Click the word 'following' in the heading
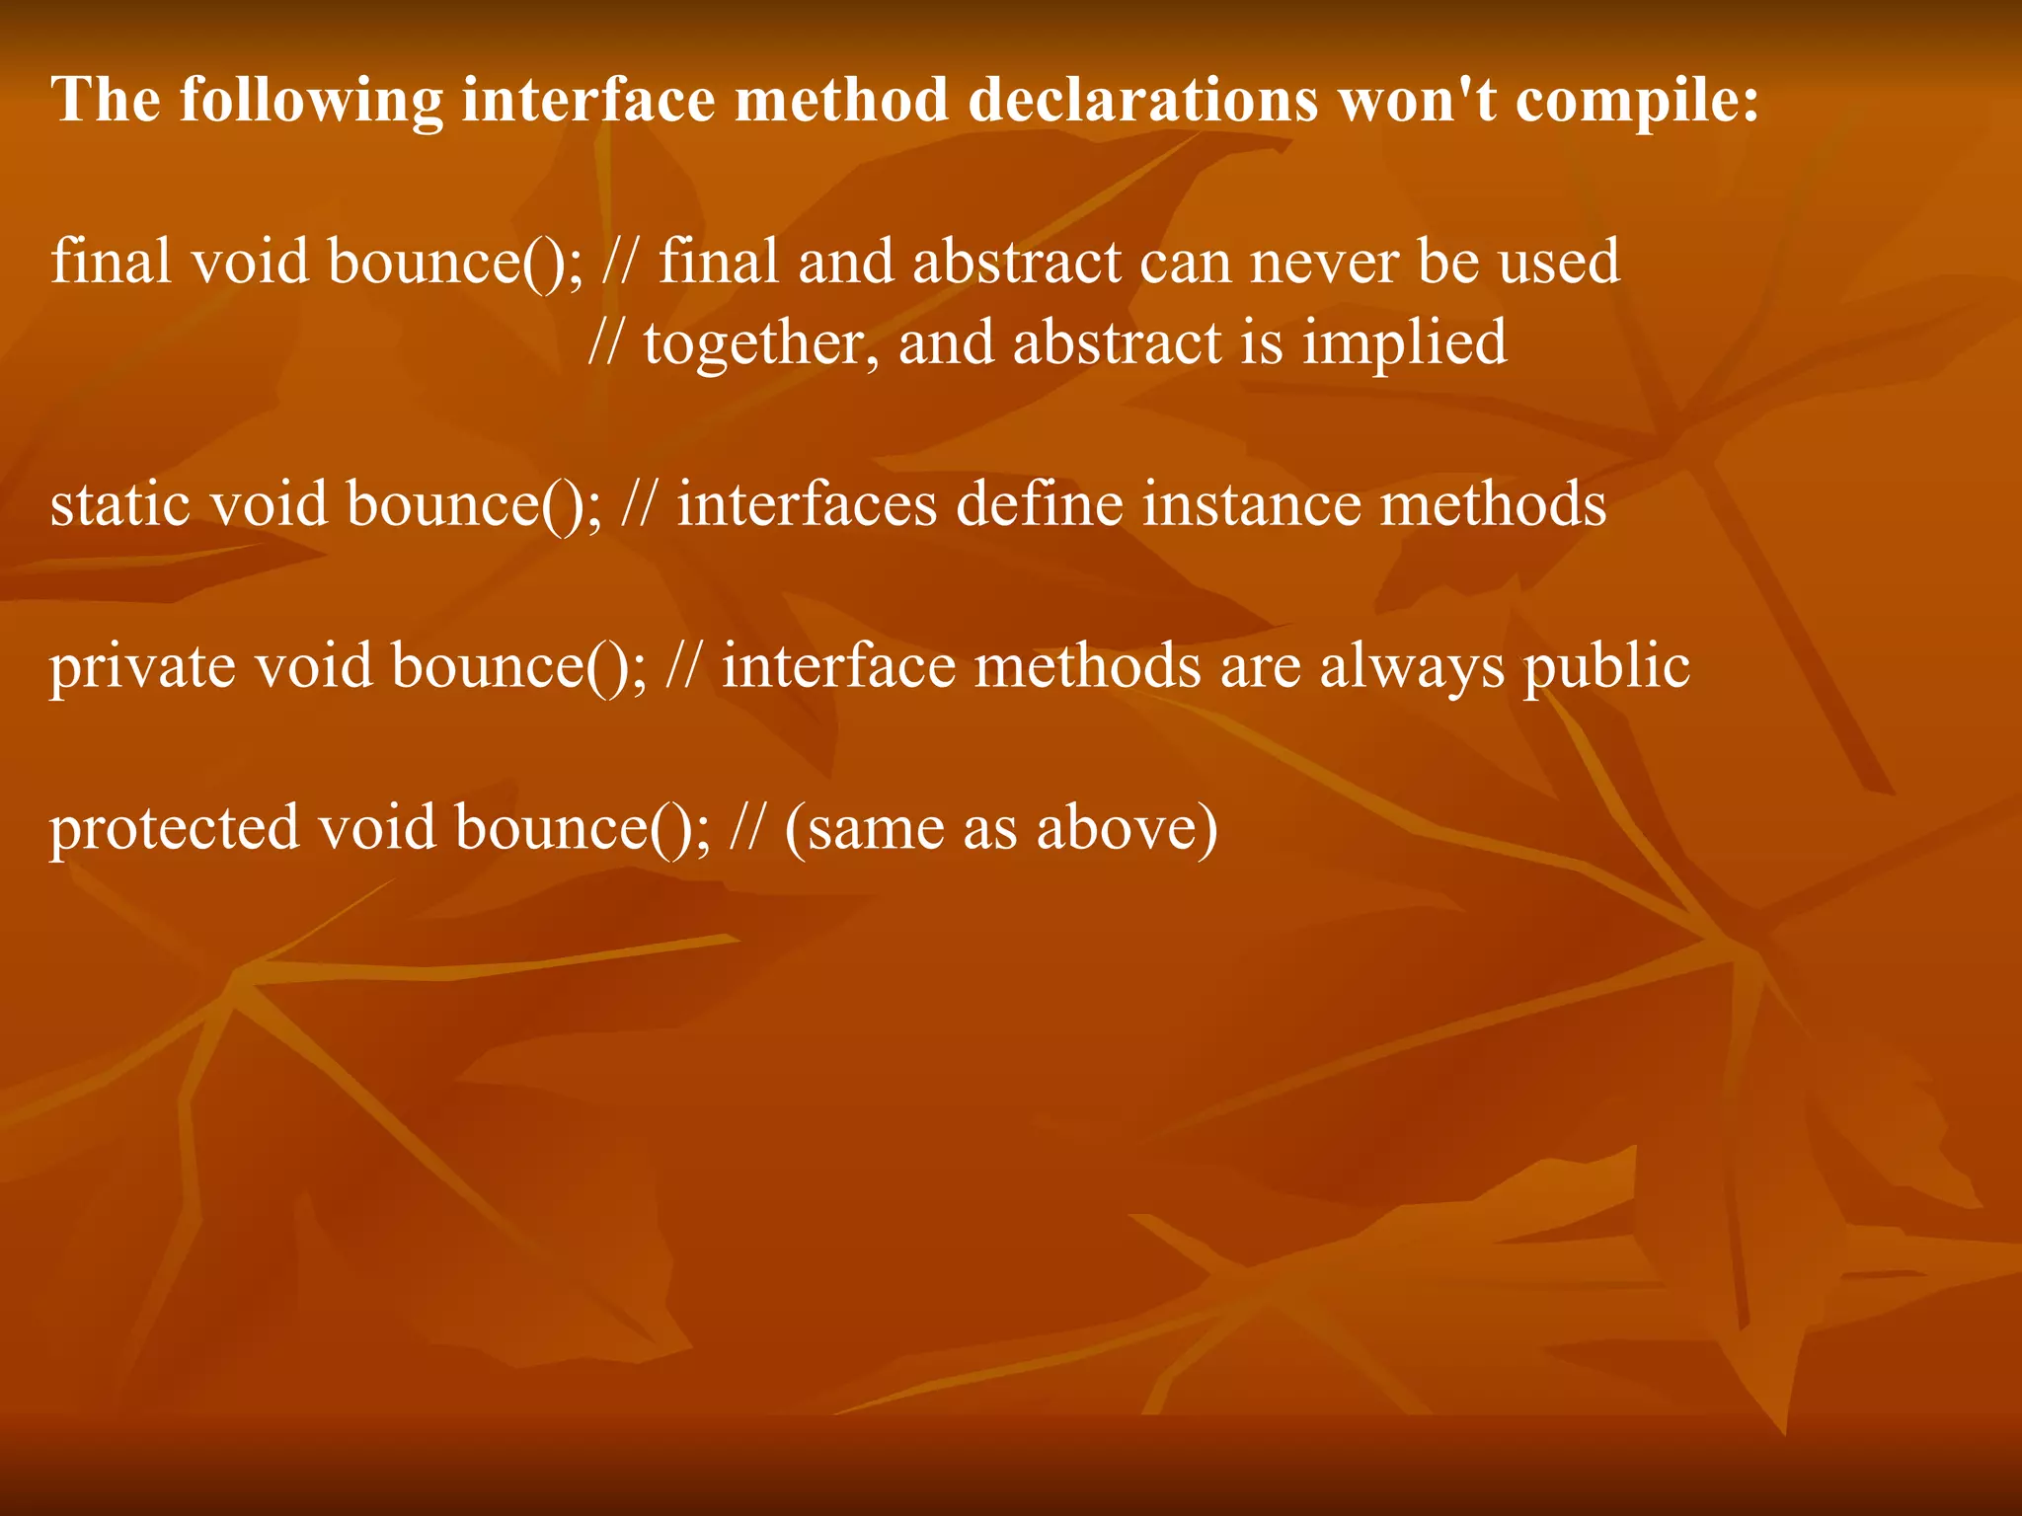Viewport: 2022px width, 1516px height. coord(311,101)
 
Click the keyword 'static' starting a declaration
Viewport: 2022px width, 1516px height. coord(120,503)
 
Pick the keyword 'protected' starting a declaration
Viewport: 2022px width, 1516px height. coord(175,827)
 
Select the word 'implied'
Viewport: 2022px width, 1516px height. coord(1404,342)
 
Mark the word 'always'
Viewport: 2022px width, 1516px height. coord(1413,666)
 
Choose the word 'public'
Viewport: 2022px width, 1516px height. coord(1606,666)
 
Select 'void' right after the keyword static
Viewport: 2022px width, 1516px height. coord(269,503)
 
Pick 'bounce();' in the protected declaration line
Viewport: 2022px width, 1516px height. coord(583,827)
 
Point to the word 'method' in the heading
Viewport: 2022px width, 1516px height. coord(841,101)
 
